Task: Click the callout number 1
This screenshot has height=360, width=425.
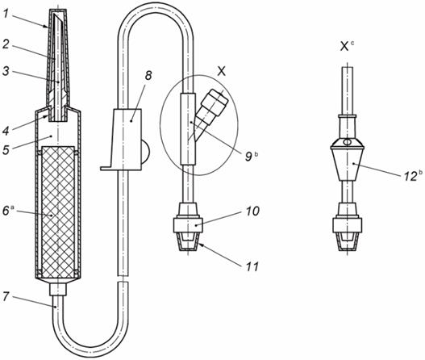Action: point(6,13)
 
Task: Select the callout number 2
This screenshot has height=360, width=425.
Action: point(6,44)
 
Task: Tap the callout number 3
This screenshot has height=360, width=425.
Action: point(6,71)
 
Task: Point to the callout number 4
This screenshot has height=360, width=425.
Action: point(6,131)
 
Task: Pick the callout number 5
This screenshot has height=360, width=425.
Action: point(6,149)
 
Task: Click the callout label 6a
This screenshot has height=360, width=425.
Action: point(7,210)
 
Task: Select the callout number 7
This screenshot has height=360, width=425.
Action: point(6,296)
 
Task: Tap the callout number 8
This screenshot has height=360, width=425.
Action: point(148,76)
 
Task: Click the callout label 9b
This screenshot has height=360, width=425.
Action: point(252,157)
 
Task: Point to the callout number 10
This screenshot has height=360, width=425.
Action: point(252,211)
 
